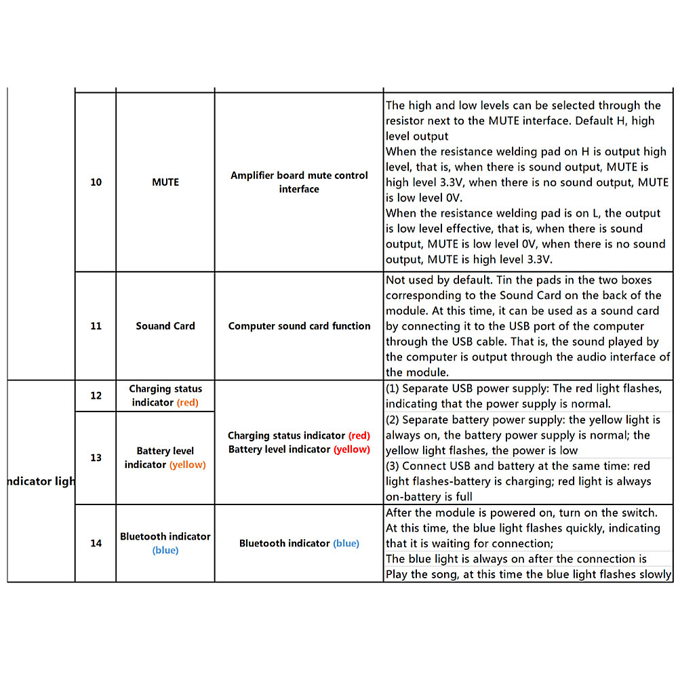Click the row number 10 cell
pos(96,182)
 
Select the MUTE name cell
pos(165,182)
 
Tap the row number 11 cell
pos(96,326)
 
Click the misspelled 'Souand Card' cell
pos(165,326)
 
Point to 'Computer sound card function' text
pos(299,326)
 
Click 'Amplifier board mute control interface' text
pos(299,182)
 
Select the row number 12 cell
pos(96,395)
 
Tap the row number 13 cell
pos(96,458)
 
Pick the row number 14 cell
pos(96,543)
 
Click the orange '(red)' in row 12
pos(188,403)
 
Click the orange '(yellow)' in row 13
pos(188,465)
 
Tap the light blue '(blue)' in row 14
pos(165,551)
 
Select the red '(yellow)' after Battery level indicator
pos(351,450)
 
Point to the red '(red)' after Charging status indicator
pos(359,435)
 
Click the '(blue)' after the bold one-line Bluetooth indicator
pos(346,543)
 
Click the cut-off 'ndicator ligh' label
pos(41,481)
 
